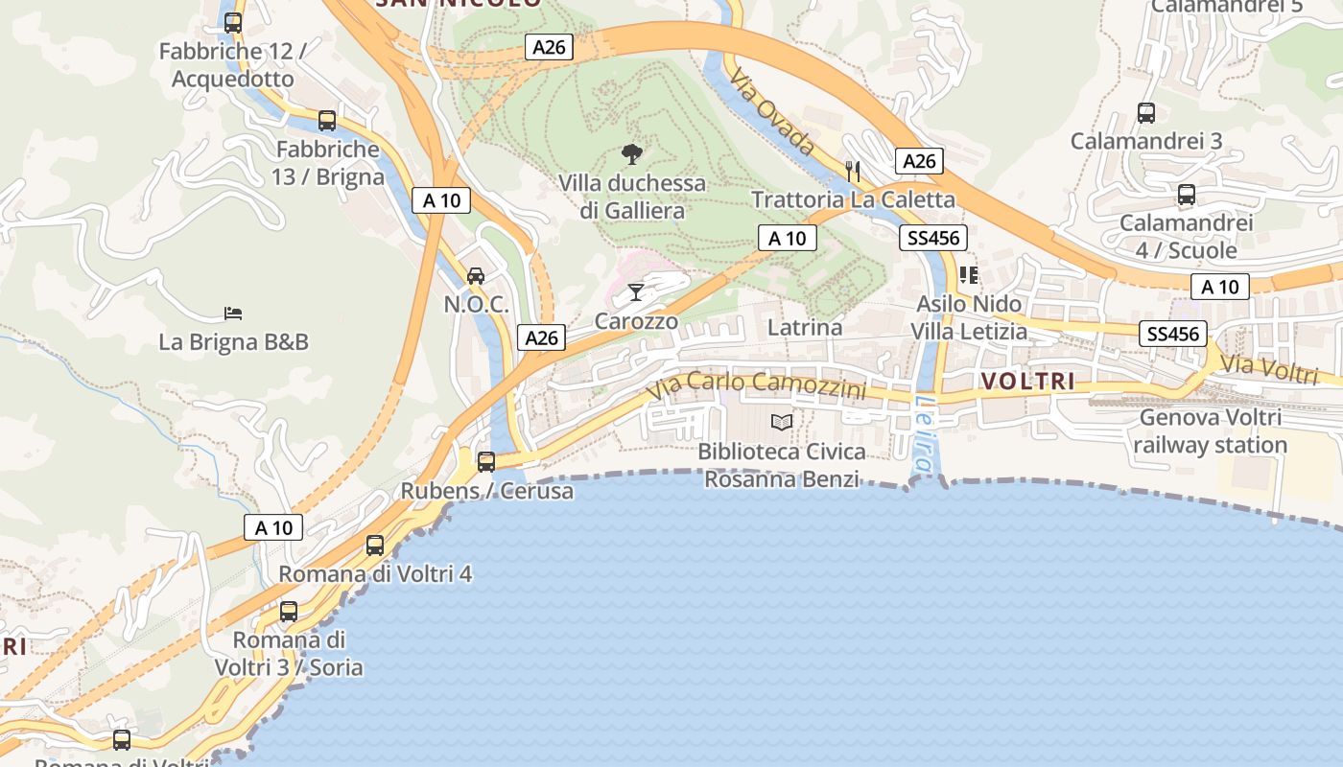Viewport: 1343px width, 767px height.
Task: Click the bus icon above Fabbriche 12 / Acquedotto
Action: tap(232, 23)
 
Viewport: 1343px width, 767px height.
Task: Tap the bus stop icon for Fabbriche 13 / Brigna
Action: tap(327, 121)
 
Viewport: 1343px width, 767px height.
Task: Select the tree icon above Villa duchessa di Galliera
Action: tap(631, 153)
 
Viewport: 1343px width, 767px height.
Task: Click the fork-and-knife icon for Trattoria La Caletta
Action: tap(853, 171)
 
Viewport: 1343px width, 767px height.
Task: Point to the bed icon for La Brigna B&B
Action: tap(233, 313)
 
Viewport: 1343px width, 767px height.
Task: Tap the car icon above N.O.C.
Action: tap(475, 276)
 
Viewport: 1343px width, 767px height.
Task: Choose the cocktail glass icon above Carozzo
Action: tap(636, 291)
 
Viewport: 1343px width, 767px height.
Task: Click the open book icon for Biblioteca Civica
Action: tap(782, 422)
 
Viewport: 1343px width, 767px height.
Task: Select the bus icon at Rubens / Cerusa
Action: tap(486, 462)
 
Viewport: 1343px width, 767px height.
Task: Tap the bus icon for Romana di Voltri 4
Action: tap(375, 546)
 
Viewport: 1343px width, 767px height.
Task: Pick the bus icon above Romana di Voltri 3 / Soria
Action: tap(289, 612)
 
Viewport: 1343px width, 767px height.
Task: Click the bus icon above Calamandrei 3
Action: tap(1146, 113)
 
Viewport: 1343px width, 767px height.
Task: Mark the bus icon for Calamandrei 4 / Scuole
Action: tap(1187, 195)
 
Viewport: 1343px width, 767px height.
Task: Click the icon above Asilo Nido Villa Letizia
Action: tap(969, 275)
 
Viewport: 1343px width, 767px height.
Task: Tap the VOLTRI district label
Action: tap(1027, 382)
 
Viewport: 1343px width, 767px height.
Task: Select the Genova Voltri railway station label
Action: tap(1210, 431)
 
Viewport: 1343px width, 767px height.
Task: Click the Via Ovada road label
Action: tap(771, 112)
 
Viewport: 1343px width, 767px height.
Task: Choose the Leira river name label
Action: tap(923, 433)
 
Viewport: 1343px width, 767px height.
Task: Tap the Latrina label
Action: tap(805, 328)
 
